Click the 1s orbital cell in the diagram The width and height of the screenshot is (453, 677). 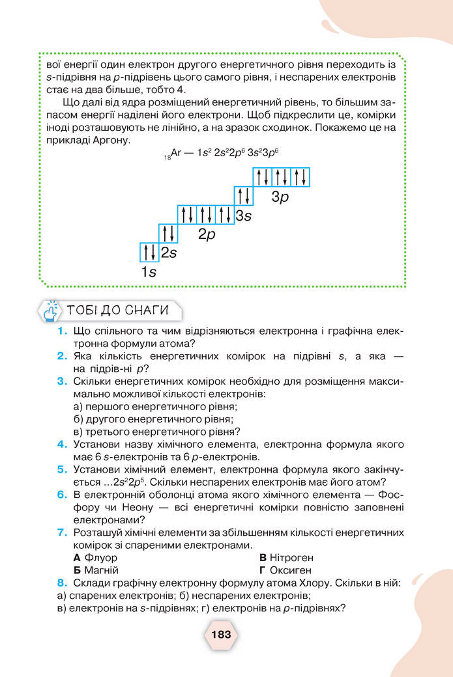149,253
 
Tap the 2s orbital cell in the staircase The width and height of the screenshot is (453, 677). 168,234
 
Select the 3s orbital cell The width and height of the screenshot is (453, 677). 243,196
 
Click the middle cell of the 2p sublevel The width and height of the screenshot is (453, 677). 206,215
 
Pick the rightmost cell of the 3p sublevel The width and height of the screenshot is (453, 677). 300,177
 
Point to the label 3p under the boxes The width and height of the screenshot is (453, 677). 280,197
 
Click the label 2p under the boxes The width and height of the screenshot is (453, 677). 207,234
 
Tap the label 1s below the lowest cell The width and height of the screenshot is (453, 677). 149,272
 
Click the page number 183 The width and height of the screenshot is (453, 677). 221,633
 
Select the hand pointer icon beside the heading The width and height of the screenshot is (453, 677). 51,311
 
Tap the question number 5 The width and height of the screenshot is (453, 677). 62,469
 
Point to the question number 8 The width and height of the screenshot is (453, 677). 62,583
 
